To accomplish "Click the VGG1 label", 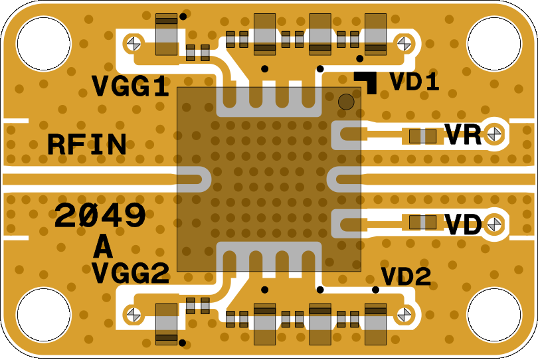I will [130, 86].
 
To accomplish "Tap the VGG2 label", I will [130, 272].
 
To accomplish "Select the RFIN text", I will [86, 145].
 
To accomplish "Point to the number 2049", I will [100, 216].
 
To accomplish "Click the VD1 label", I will [414, 82].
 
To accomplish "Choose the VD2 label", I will [406, 276].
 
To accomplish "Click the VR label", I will [463, 135].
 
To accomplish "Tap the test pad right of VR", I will [493, 134].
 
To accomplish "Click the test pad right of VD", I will [493, 225].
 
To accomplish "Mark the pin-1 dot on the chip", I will [346, 102].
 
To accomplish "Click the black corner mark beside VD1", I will [368, 81].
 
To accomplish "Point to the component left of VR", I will [422, 136].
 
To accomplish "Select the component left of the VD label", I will [422, 222].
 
